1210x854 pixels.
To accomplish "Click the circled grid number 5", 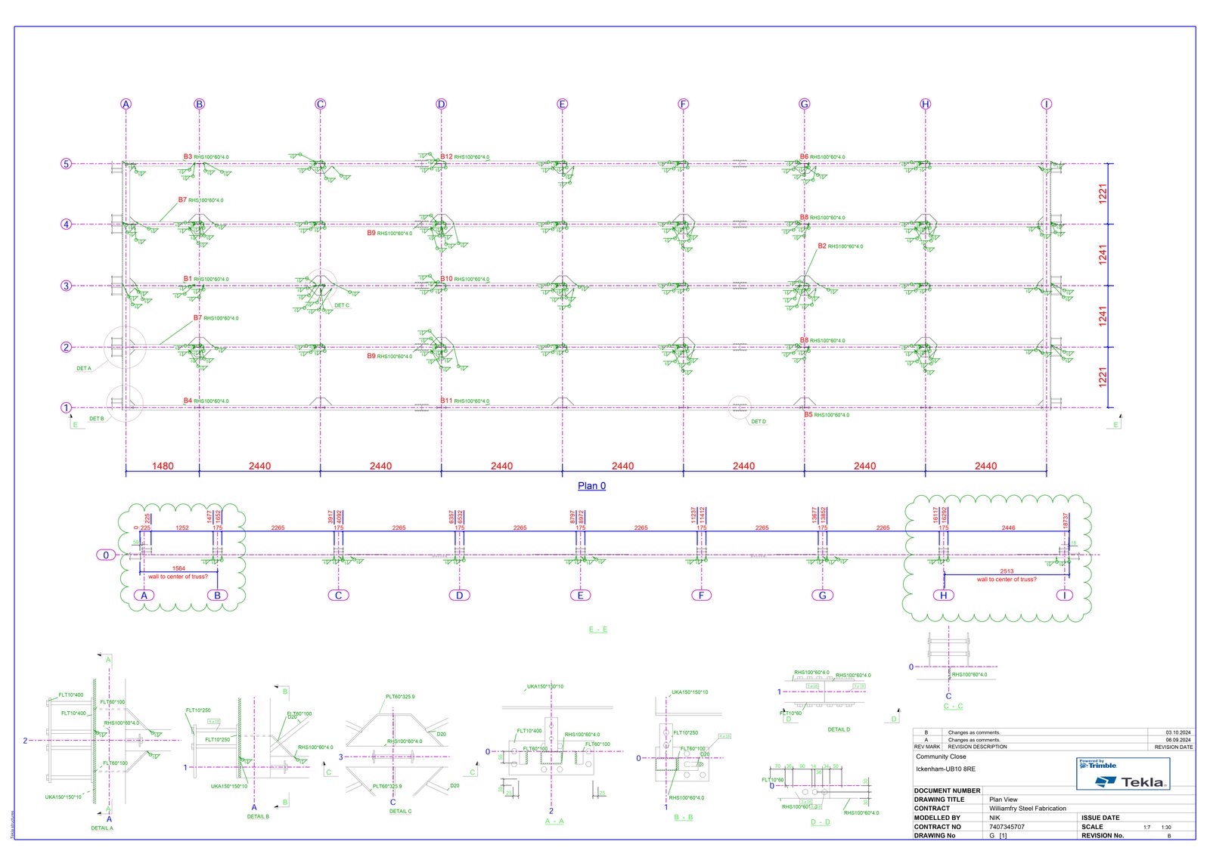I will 67,164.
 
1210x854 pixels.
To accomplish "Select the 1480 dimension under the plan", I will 163,466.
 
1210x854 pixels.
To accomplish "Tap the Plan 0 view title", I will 591,486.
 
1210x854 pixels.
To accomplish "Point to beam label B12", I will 446,157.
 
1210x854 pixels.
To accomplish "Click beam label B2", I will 822,246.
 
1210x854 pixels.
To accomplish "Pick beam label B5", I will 808,414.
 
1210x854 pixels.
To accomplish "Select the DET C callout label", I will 342,305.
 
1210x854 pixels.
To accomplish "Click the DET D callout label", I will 758,422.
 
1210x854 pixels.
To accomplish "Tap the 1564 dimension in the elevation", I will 178,568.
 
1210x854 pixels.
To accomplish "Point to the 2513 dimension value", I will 1007,571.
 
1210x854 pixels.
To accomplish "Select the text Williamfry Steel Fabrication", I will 1027,809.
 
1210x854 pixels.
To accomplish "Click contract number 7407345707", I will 1007,827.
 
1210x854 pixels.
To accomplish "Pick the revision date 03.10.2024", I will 1177,732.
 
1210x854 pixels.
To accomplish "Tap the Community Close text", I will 941,757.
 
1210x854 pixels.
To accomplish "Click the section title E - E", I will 597,630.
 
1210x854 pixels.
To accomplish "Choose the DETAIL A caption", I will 102,828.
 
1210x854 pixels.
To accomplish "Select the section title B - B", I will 683,818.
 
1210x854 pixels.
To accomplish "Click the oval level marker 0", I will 106,555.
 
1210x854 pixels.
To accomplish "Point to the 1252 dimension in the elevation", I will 182,528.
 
